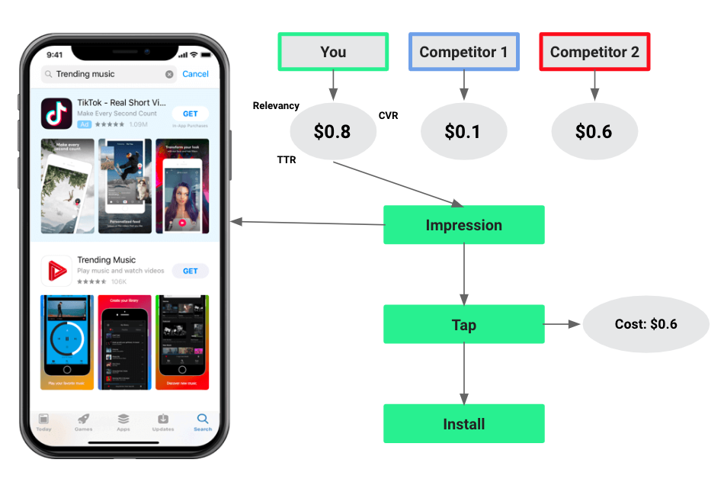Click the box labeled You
333,52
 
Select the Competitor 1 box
463,52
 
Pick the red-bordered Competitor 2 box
594,52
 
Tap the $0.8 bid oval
333,131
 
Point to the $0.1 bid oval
463,131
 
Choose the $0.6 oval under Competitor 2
594,131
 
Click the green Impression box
463,225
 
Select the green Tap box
463,325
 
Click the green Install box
463,424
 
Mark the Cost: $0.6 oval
646,324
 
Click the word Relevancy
276,106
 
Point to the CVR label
388,116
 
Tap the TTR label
287,160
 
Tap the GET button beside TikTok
190,114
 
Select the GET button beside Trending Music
190,271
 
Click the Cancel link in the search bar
195,74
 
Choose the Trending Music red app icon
56,270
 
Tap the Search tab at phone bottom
202,422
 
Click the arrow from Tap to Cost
562,324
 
